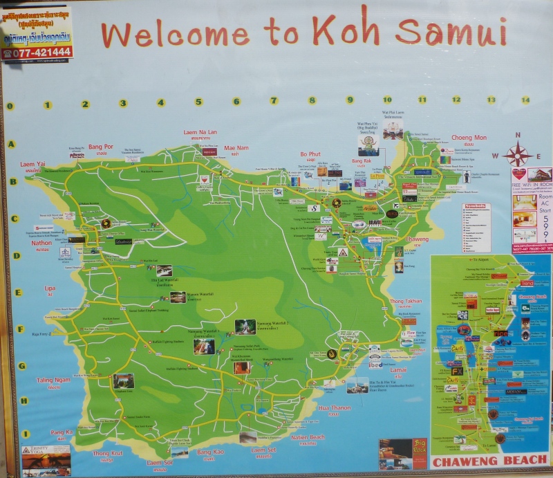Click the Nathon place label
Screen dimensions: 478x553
point(41,243)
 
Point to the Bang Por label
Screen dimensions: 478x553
point(100,147)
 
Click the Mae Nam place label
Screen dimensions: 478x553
point(236,147)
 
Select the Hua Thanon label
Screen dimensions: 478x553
point(335,408)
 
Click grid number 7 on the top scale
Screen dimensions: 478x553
point(274,101)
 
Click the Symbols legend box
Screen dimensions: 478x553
point(476,228)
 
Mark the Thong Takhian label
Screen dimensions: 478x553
point(405,302)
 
